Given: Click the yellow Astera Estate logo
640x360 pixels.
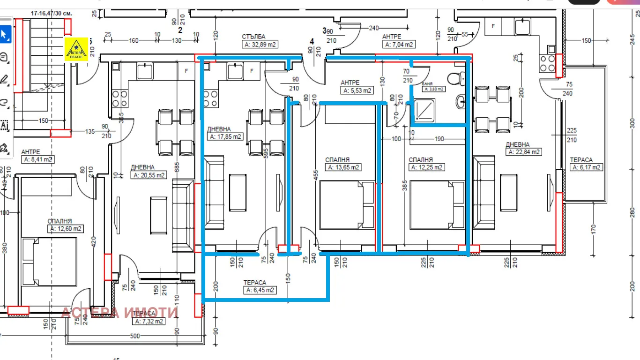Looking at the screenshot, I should (x=76, y=49).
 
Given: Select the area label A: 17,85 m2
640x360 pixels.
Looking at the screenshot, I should (x=224, y=136).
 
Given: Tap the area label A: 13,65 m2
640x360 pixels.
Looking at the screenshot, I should (x=343, y=167).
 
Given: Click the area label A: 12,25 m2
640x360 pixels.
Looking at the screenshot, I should (x=426, y=167).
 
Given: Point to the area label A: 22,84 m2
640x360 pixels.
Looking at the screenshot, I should (x=523, y=152).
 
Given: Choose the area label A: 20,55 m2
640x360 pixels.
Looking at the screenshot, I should (x=149, y=175).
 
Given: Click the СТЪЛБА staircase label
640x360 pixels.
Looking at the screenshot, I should (x=253, y=37).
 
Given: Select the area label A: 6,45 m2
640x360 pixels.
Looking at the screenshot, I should (x=260, y=290).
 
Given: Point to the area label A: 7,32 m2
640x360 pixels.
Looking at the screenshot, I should (x=149, y=322).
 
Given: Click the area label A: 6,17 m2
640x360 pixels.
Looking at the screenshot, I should (x=586, y=167).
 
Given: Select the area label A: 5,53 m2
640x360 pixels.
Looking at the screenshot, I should (x=357, y=90).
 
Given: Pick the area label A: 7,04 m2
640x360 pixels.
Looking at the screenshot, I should (x=399, y=45).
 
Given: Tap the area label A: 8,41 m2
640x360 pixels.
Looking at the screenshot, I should (x=37, y=159).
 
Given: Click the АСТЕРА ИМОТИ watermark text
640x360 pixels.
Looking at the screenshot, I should (x=119, y=313).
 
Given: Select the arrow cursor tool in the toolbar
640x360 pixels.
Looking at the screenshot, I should (x=5, y=34).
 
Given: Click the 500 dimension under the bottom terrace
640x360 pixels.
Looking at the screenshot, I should (x=135, y=336).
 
